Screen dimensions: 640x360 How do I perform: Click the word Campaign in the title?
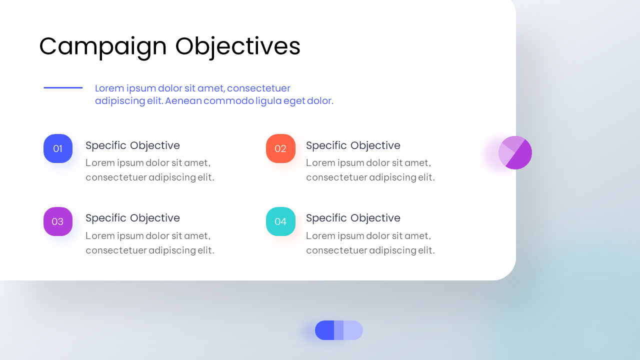(103, 47)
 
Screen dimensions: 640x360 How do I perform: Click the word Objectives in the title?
(237, 47)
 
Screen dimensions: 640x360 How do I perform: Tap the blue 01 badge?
(58, 148)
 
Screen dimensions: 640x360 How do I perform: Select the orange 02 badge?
(280, 148)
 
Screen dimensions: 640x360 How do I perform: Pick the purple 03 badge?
(58, 221)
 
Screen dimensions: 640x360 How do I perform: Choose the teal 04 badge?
(280, 221)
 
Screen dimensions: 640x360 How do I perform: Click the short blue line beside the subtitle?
(63, 87)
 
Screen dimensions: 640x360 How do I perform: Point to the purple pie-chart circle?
(515, 152)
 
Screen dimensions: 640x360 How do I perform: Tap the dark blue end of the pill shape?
(324, 330)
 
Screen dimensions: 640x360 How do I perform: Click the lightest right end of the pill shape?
(353, 330)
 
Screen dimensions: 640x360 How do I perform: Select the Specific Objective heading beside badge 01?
(132, 145)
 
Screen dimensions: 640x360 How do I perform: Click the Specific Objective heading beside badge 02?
(353, 145)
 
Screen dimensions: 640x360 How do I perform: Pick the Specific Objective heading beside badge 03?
(132, 218)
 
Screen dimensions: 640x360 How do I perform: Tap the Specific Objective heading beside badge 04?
(353, 218)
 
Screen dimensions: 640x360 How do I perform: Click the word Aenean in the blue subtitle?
(183, 101)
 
